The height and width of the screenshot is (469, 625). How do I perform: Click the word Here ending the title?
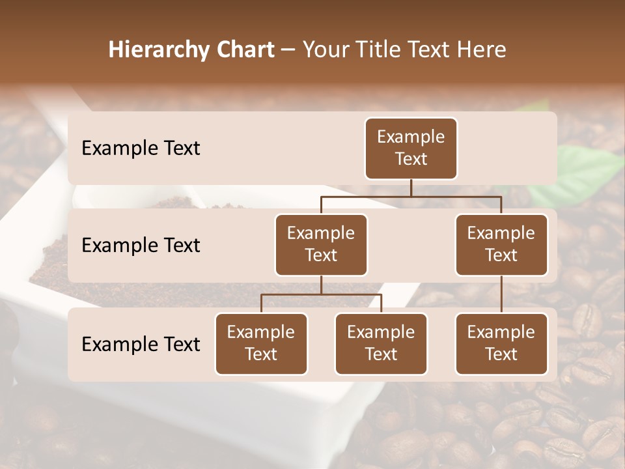tap(481, 50)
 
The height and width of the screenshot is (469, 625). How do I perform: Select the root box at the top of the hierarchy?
tap(411, 149)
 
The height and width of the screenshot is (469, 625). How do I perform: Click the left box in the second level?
tap(321, 245)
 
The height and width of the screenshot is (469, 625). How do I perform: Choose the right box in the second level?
tap(501, 245)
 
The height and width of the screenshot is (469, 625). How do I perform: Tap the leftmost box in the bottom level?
tap(261, 344)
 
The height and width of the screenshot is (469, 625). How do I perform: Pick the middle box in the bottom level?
tap(381, 344)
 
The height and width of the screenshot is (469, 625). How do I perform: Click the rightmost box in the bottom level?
tap(501, 344)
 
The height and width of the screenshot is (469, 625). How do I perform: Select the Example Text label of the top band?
tap(141, 149)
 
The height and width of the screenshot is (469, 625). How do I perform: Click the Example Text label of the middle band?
tap(141, 246)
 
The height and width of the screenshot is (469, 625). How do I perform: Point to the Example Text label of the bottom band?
tap(141, 345)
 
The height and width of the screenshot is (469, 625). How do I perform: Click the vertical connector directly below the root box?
tap(411, 188)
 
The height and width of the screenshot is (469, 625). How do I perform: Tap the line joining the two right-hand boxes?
tap(501, 294)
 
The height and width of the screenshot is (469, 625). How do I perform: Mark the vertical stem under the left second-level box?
tap(321, 285)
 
